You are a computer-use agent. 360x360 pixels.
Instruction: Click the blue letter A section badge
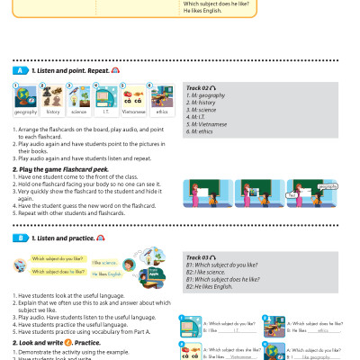coord(17,69)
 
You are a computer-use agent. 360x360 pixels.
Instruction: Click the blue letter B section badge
coord(17,238)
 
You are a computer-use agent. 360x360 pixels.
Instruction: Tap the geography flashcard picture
coord(25,96)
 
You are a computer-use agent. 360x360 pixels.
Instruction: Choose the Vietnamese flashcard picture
coord(133,96)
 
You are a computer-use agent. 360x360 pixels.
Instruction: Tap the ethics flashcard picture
coord(160,96)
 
